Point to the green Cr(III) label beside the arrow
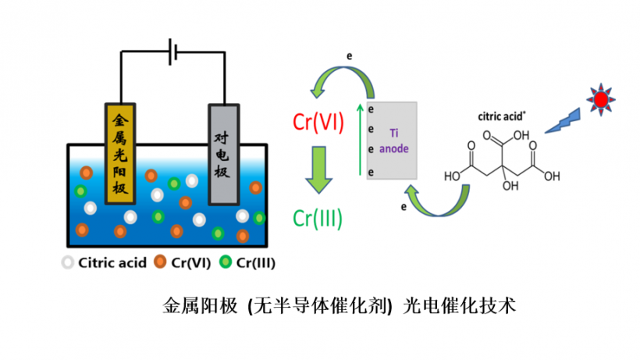[318, 219]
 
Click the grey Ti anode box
[394, 141]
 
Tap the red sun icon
[600, 99]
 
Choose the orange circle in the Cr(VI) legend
[161, 262]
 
